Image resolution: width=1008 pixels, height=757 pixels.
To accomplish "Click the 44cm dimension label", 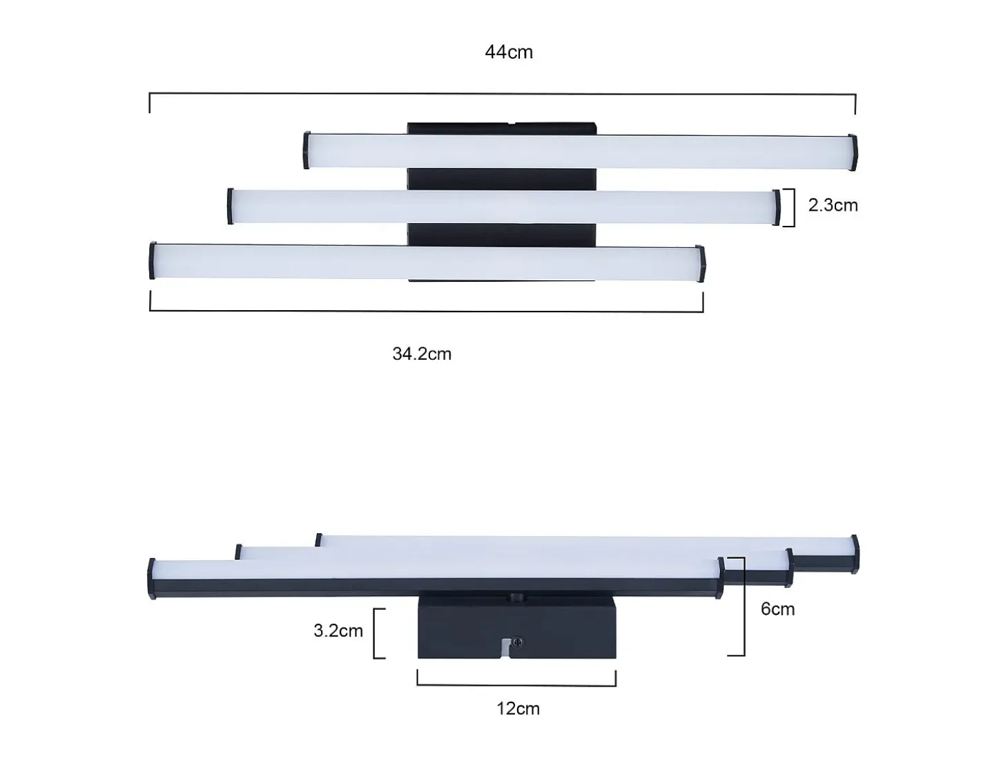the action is coord(509,52).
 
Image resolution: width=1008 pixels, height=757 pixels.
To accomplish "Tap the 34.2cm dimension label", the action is coord(422,354).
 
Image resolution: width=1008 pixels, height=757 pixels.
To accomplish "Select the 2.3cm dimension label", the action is coord(833,205).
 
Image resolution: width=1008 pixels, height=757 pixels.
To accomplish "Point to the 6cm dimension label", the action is coord(777,609).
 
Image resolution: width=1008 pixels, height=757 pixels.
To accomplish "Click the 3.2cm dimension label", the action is coord(338,631).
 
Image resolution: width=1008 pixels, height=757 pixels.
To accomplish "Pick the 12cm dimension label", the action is coord(518,709).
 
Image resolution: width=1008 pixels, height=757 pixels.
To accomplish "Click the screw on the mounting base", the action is coord(518,642).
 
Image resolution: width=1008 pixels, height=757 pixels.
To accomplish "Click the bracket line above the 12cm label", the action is coord(516,685).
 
